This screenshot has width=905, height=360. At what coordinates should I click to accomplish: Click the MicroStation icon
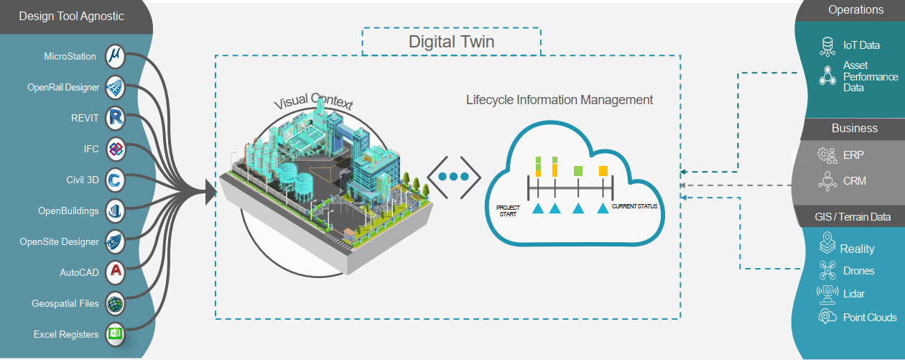click(x=116, y=56)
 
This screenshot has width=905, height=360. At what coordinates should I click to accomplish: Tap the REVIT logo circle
click(x=116, y=118)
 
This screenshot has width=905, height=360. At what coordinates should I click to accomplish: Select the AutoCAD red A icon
click(x=116, y=272)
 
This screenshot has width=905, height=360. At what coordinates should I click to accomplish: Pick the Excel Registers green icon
click(x=116, y=334)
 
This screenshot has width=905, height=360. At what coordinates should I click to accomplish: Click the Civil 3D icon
click(x=116, y=180)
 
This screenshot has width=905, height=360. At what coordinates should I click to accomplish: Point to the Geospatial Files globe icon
click(x=116, y=303)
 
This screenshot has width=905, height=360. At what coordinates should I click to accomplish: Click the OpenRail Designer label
click(x=63, y=88)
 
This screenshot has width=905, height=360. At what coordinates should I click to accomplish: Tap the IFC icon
click(x=116, y=149)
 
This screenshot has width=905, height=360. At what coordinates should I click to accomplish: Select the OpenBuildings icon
click(x=116, y=211)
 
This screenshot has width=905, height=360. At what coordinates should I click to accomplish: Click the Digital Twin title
click(x=451, y=41)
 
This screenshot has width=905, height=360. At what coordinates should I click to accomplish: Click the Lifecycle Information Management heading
click(x=560, y=100)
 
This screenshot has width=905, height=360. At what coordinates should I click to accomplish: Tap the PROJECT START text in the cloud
click(x=508, y=211)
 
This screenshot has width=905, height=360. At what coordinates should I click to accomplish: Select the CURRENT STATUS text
click(x=634, y=207)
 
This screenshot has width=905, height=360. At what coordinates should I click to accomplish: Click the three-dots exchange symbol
click(x=453, y=176)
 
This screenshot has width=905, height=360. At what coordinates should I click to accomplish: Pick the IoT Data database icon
click(x=827, y=46)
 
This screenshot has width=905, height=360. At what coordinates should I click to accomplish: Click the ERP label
click(x=853, y=154)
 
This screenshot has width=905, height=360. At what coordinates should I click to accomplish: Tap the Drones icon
click(x=827, y=270)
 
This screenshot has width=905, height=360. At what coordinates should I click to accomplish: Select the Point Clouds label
click(x=870, y=317)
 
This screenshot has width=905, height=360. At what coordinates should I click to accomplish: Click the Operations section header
click(x=855, y=10)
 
